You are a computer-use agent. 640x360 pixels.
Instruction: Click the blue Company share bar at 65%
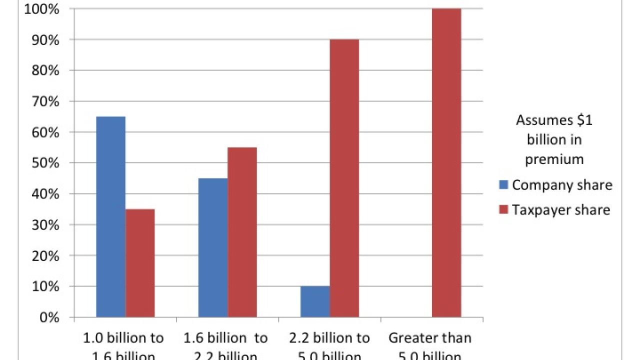point(110,217)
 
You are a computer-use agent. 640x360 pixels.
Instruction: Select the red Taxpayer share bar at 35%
point(140,263)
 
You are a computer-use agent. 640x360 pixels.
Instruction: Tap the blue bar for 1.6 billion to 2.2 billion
point(213,247)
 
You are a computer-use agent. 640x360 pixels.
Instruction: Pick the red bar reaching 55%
point(242,232)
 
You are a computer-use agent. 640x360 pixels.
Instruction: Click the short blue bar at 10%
point(315,301)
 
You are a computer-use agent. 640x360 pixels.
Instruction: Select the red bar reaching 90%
point(344,178)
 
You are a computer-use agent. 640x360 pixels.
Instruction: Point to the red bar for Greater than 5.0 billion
point(446,162)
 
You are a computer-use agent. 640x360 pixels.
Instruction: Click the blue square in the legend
point(503,185)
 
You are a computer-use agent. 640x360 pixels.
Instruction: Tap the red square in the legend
point(503,209)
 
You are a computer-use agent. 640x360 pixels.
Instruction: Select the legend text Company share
point(562,185)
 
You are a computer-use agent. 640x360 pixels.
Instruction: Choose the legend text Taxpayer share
point(561,209)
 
